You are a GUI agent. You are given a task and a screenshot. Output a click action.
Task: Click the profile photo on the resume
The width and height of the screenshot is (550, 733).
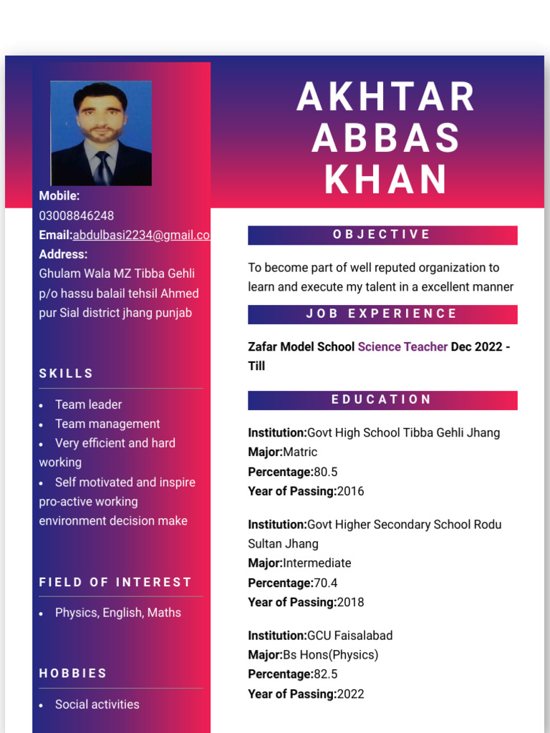pos(101,133)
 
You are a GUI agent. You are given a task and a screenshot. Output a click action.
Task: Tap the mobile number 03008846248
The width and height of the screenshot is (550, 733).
pos(77,215)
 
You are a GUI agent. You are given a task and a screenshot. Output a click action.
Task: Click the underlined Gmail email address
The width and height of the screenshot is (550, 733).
pos(141,235)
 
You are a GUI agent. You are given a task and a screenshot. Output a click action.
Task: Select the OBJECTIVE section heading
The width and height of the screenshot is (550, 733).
pos(382,235)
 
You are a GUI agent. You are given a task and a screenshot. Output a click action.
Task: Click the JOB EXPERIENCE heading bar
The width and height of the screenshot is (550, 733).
pos(382,314)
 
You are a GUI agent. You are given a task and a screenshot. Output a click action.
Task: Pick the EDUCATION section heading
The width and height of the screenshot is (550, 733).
pos(382,399)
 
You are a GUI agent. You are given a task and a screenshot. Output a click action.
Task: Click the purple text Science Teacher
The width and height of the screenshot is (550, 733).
pos(402,346)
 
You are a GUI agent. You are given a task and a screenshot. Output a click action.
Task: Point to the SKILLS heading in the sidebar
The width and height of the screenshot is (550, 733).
pos(67,373)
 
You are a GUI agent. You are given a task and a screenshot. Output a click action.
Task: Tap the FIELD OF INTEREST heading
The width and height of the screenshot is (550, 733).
pos(115,582)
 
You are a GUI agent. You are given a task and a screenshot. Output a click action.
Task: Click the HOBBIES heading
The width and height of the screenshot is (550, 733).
pos(73,673)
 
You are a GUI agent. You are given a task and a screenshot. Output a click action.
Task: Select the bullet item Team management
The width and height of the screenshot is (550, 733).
pos(107,424)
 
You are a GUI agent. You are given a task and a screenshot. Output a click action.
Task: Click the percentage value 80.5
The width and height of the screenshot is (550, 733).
pos(326,472)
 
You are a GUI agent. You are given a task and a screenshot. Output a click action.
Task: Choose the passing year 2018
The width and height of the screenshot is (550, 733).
pos(350,602)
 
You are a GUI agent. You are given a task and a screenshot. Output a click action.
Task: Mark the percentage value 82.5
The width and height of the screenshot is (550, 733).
pos(326,674)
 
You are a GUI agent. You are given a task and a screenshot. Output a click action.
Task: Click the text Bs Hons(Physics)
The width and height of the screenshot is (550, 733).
pos(330,654)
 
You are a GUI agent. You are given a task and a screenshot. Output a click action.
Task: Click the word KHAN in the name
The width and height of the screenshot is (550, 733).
pos(386,180)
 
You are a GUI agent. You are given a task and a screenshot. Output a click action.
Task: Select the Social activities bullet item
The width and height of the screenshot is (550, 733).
pos(97,704)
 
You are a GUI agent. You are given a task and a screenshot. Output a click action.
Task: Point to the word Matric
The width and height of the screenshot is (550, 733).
pos(300,452)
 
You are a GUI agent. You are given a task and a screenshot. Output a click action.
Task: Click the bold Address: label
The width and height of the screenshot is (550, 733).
pos(64,254)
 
